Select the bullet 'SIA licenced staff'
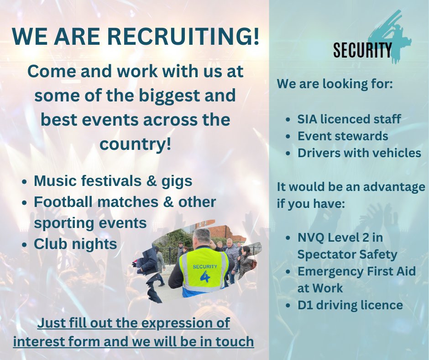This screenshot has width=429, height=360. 349,120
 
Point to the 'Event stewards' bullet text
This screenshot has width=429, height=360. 343,136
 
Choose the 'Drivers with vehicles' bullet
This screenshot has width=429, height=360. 359,153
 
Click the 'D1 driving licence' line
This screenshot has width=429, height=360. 350,305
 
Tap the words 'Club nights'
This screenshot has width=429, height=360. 75,244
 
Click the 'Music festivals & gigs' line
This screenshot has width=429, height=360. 113,181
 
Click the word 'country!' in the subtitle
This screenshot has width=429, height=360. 136,144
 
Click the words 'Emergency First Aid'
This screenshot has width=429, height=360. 356,271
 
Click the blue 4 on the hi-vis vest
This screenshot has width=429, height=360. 204,277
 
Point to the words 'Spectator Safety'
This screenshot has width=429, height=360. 347,254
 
